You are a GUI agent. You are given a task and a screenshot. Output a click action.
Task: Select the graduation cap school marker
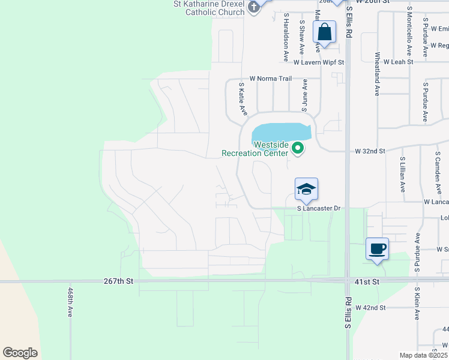coord(306,190)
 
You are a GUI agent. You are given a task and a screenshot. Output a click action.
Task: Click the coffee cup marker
coord(377,249)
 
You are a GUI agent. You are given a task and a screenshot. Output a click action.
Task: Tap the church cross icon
coord(254,7)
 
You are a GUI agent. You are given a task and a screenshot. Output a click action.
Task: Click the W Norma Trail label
coord(270,79)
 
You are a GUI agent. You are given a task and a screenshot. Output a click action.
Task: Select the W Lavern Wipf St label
coord(319,62)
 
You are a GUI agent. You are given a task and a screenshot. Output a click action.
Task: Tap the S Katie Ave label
coord(243,99)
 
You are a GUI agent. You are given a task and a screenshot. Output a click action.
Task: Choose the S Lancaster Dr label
coord(319,208)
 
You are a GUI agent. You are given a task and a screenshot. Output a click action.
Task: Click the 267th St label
coord(118,280)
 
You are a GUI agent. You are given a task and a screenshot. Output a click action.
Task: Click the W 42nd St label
coord(370,308)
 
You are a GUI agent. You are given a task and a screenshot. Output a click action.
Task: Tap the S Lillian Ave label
coord(402,175)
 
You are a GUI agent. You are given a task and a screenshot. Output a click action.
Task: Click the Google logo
coord(20,352)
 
